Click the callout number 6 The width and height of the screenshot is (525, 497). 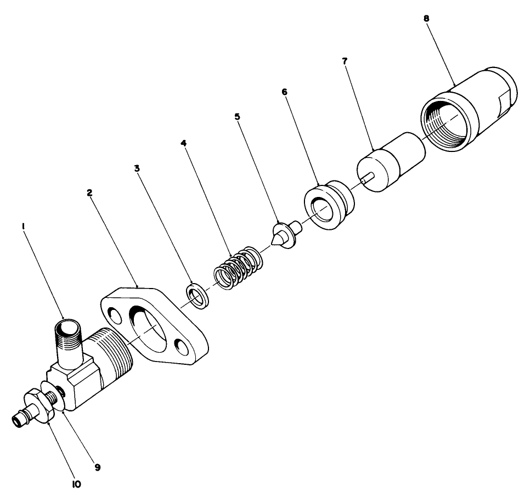[x=284, y=92]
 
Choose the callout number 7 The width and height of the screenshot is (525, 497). [x=345, y=61]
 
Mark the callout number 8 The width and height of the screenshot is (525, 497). [x=427, y=18]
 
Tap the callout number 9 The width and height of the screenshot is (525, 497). [x=97, y=467]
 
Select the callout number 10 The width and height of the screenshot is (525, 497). [x=77, y=484]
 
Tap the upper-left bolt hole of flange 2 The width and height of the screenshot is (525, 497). [x=114, y=316]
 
